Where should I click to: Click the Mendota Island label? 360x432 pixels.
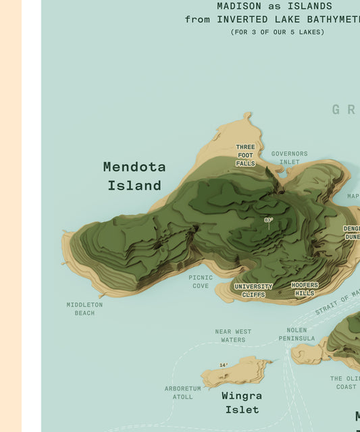click(134, 175)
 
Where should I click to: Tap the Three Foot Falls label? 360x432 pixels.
click(245, 155)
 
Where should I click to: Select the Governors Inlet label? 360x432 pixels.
click(289, 157)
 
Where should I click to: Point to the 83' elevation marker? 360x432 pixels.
click(268, 220)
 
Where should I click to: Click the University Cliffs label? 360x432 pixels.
click(253, 290)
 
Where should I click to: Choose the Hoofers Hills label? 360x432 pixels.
click(305, 290)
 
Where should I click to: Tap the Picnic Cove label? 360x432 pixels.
click(201, 281)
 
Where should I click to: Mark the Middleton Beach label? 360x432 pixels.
click(84, 308)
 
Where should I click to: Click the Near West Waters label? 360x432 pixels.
click(233, 335)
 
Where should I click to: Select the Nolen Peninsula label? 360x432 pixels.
click(297, 334)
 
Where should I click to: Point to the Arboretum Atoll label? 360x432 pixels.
click(183, 392)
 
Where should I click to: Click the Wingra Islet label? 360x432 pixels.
click(242, 402)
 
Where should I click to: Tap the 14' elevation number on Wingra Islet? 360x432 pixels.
click(224, 365)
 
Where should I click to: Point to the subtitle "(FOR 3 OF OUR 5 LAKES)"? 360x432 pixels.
click(277, 32)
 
